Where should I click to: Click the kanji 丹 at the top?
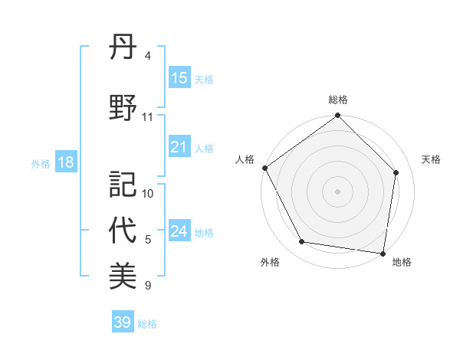[x=123, y=51]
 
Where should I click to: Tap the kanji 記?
[x=123, y=184]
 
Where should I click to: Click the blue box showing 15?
[x=179, y=78]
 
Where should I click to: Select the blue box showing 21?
[x=179, y=147]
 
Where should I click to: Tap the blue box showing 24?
[x=179, y=231]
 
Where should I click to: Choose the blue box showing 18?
[x=65, y=162]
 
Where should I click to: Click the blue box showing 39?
[x=122, y=322]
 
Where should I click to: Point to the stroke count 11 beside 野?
[x=148, y=117]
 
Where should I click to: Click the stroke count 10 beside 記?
[x=149, y=194]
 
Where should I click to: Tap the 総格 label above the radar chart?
[x=338, y=100]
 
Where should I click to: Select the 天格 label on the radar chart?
[x=432, y=159]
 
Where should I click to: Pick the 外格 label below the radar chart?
[x=270, y=262]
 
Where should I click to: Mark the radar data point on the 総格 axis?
[x=338, y=116]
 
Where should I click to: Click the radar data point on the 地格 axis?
[x=383, y=253]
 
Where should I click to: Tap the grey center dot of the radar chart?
[x=338, y=191]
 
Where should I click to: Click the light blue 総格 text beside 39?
[x=147, y=324]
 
